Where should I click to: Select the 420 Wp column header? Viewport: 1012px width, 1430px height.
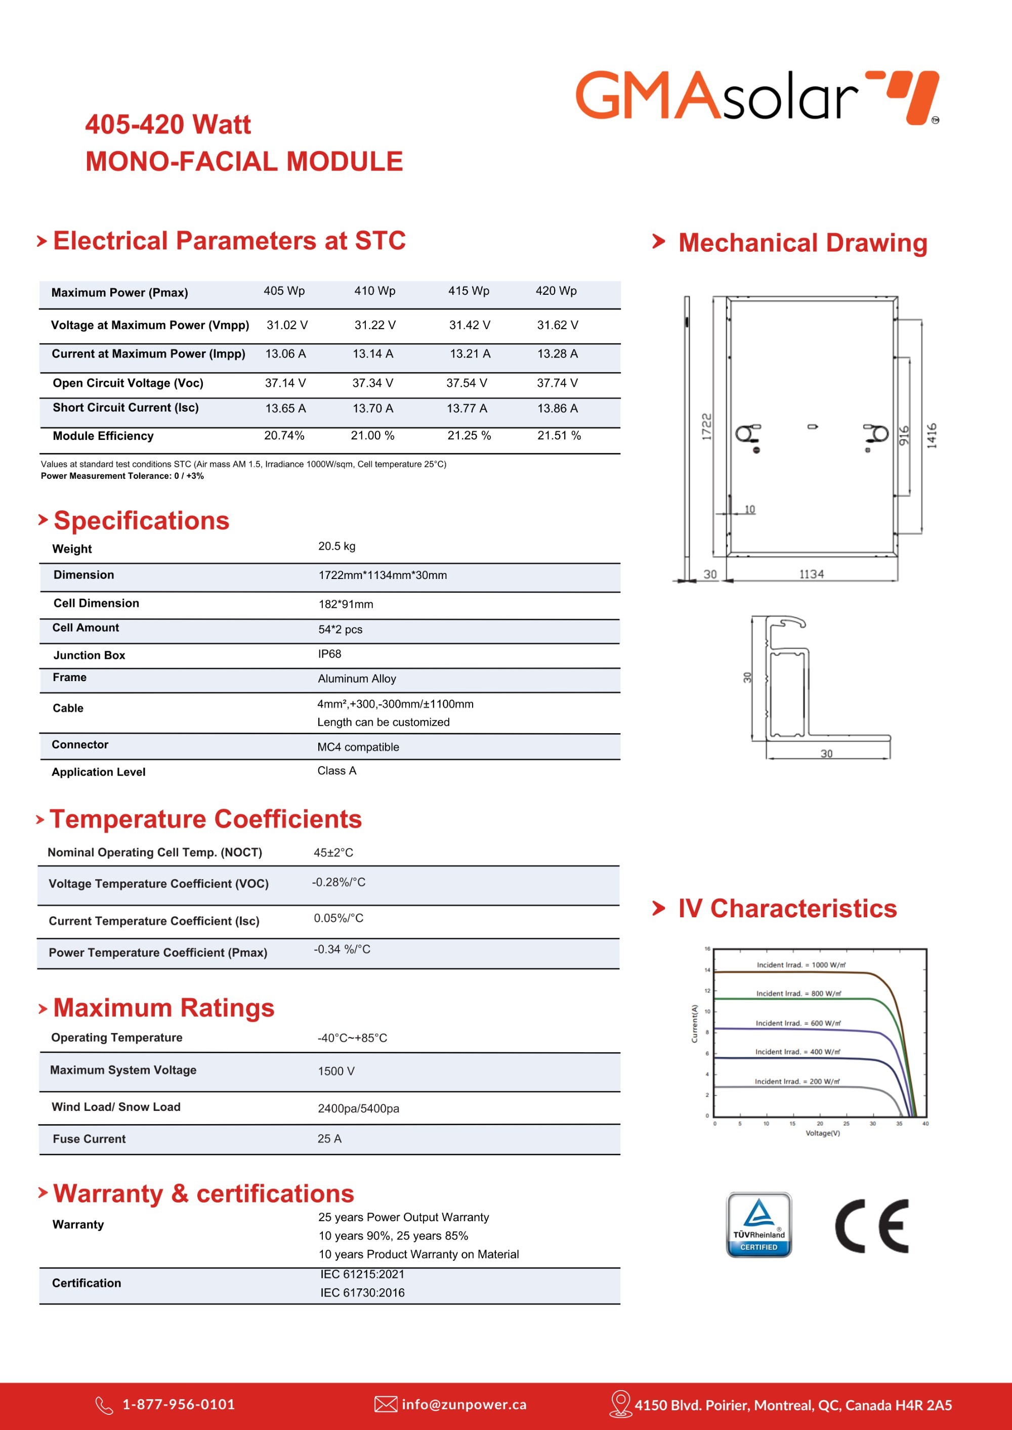click(x=556, y=291)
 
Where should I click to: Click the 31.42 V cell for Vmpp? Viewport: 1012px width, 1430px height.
click(x=469, y=325)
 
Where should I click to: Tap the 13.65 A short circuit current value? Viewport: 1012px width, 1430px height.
click(x=285, y=409)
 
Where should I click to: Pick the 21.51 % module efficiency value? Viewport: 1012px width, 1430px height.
click(x=559, y=435)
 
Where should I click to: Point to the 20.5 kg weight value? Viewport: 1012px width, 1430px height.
click(x=336, y=546)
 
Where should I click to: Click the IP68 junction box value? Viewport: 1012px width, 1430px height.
click(x=329, y=654)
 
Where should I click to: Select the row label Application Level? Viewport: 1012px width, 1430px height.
click(x=99, y=772)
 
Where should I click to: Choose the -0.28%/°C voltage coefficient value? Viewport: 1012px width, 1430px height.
click(x=339, y=882)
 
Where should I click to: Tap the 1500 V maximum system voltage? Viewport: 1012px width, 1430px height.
click(x=336, y=1071)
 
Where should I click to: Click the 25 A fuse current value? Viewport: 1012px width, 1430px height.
click(x=329, y=1139)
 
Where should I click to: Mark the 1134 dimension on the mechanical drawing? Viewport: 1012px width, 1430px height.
click(x=811, y=574)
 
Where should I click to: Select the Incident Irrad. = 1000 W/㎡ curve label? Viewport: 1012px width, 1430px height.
click(x=801, y=965)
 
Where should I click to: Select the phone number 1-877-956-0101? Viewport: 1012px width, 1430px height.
click(x=179, y=1405)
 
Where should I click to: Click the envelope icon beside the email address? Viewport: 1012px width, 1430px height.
click(x=386, y=1405)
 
